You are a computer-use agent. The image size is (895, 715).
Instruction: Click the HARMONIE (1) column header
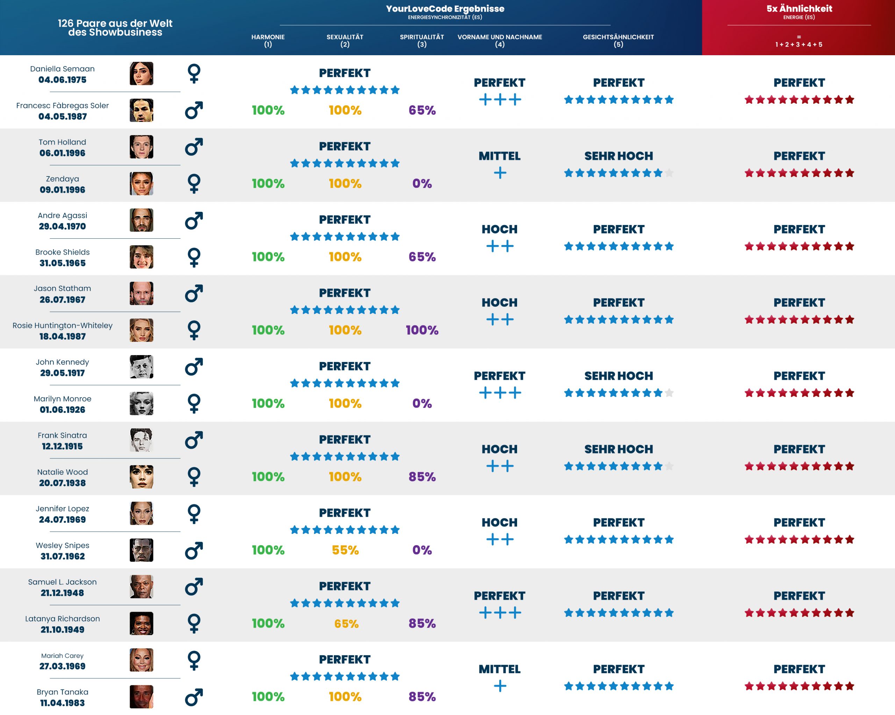pos(268,40)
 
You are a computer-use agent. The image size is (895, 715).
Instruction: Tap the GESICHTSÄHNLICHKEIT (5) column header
pos(618,40)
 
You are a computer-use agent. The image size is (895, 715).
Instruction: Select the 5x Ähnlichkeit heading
pos(799,9)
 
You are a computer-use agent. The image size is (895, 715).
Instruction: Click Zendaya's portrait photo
pos(141,183)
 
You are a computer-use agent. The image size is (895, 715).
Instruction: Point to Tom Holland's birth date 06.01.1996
pos(62,153)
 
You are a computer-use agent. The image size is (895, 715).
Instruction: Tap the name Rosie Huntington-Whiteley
pos(62,325)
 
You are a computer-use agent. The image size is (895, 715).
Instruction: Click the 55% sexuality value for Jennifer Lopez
pos(345,550)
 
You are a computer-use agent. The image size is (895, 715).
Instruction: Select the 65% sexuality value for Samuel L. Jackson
pos(346,623)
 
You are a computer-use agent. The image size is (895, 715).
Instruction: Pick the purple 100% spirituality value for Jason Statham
pos(422,330)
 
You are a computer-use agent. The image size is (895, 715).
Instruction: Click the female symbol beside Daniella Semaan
pos(194,73)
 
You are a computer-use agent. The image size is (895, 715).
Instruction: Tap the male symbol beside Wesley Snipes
pos(194,550)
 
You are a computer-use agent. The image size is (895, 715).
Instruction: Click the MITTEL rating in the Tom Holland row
pos(499,156)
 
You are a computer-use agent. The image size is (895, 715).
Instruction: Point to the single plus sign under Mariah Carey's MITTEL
pos(500,686)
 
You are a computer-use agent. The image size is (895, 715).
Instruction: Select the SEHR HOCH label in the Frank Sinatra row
pos(618,449)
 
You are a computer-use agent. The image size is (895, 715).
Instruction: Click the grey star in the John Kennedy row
pos(669,393)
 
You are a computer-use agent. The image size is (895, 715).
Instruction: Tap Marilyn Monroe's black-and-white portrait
pos(141,403)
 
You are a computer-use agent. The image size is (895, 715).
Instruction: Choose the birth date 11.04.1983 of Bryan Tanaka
pos(62,703)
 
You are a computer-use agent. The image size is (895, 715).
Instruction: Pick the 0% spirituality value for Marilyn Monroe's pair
pos(422,403)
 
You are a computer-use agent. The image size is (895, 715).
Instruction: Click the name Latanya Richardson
pos(62,618)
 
